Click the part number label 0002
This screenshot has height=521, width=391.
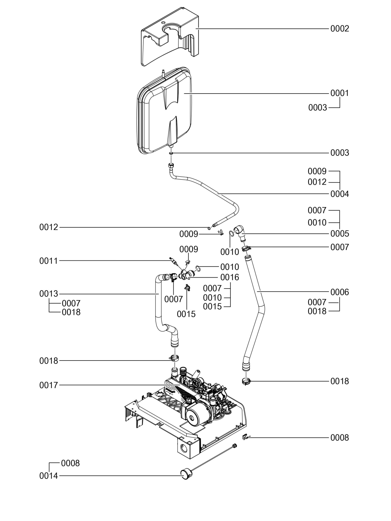point(339,29)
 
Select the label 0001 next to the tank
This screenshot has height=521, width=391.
point(339,93)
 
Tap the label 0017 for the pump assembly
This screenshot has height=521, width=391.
point(48,385)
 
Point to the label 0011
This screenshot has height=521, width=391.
point(48,261)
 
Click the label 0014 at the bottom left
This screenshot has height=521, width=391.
point(48,476)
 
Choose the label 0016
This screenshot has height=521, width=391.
point(229,277)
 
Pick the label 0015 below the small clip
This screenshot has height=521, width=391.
point(186,314)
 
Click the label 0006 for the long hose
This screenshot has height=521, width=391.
point(339,292)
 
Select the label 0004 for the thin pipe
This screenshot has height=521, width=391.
point(339,194)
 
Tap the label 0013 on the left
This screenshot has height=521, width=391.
point(48,294)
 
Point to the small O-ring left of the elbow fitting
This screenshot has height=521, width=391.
point(231,233)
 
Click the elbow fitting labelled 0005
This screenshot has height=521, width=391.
point(240,232)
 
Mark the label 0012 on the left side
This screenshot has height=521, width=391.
point(48,227)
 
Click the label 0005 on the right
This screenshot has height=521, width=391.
point(339,234)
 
